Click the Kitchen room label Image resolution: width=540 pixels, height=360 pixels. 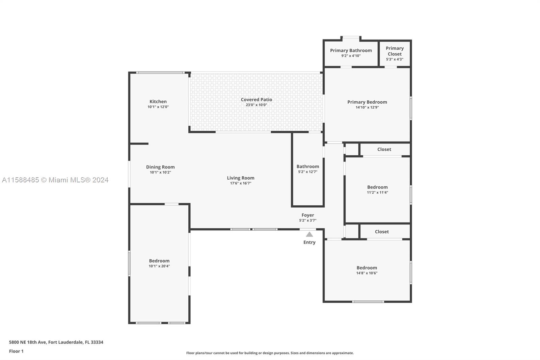click(158, 102)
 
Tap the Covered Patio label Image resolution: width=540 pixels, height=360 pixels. click(256, 100)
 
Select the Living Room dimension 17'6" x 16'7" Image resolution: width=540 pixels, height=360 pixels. click(241, 183)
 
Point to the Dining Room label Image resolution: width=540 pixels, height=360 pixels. click(160, 167)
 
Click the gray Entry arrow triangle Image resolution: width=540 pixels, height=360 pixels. click(309, 234)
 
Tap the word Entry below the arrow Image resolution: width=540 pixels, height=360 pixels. click(309, 242)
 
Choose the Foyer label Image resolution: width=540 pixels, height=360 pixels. click(307, 215)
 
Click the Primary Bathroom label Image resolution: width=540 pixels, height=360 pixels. click(351, 50)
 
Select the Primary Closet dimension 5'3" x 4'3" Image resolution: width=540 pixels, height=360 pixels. click(395, 59)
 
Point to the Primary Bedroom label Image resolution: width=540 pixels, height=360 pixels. click(367, 102)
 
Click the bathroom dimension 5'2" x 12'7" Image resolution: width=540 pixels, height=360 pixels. click(307, 172)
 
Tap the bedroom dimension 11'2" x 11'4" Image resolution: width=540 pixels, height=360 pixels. click(377, 192)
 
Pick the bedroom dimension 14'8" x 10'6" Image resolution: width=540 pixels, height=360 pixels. click(367, 273)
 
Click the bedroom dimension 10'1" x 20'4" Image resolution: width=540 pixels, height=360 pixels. click(159, 266)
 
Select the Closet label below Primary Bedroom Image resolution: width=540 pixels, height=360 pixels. click(384, 149)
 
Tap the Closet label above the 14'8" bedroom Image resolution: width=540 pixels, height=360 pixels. click(382, 232)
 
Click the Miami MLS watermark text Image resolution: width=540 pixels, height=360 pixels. click(55, 180)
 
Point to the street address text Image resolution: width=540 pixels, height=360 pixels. click(56, 342)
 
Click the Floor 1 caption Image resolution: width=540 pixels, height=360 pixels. click(16, 351)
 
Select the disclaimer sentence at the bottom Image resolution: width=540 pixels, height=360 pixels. click(270, 353)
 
